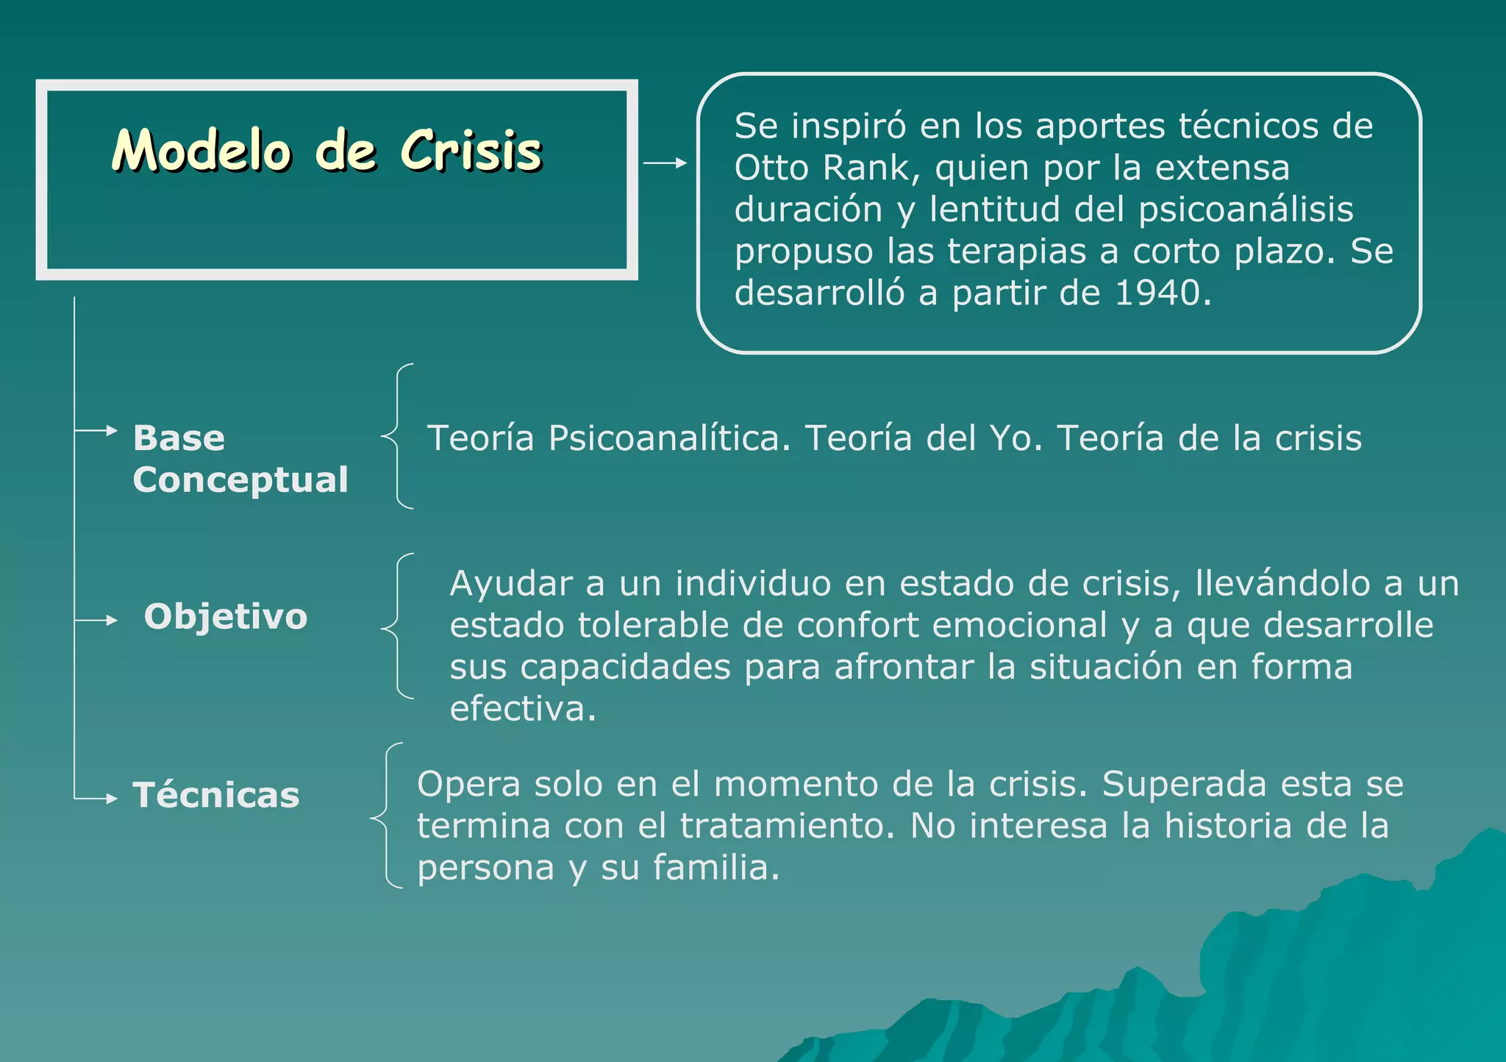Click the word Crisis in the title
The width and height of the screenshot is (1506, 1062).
pyautogui.click(x=471, y=151)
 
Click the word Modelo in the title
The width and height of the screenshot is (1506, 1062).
pyautogui.click(x=201, y=151)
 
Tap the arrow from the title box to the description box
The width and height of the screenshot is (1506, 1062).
pyautogui.click(x=665, y=163)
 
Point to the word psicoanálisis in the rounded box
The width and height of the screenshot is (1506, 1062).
pyautogui.click(x=1246, y=210)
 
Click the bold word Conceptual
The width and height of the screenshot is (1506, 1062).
pyautogui.click(x=240, y=480)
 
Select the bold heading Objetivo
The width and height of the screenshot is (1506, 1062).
pyautogui.click(x=226, y=616)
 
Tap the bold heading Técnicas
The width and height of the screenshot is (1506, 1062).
pyautogui.click(x=216, y=795)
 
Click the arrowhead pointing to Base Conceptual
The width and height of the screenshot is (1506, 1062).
pyautogui.click(x=112, y=430)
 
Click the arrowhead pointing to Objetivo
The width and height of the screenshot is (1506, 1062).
pyautogui.click(x=112, y=621)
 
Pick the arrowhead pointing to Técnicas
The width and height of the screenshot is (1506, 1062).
pyautogui.click(x=112, y=799)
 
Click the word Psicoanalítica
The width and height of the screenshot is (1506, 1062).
pyautogui.click(x=668, y=438)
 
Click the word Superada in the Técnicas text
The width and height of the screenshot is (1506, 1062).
pyautogui.click(x=1184, y=784)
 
